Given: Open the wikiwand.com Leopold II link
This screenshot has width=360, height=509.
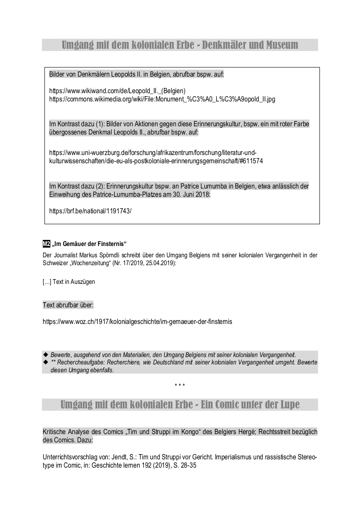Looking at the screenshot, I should coord(118,91).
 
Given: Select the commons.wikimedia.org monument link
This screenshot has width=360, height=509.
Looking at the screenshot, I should coord(162,99).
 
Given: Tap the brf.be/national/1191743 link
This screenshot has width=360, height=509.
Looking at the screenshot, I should coord(90,211).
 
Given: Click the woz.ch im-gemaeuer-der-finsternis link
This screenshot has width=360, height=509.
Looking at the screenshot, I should coord(137,322).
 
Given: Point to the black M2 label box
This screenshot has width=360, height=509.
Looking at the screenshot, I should coord(46,243).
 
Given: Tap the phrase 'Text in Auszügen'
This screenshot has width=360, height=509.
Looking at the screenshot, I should coord(74,282).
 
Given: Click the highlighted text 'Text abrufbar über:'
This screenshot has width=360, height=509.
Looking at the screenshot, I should coord(68,305).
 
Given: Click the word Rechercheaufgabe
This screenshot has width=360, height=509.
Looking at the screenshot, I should coord(79,362).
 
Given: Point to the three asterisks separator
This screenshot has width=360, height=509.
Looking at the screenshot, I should coord(180,385).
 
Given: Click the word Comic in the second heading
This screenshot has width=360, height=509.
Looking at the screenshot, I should coord(226,405).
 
